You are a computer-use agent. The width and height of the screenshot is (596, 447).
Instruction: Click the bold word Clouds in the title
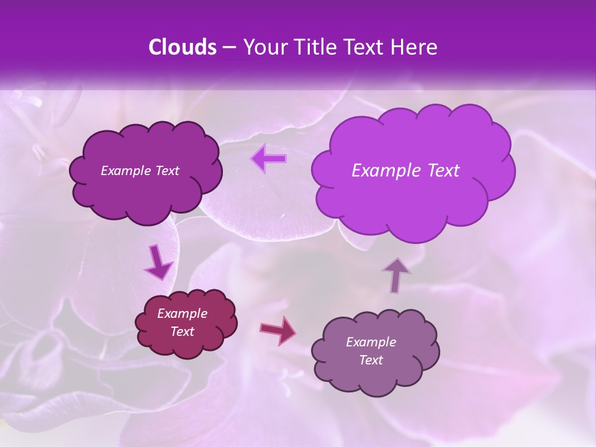tap(182, 47)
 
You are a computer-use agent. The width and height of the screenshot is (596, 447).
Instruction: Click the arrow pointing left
tap(269, 159)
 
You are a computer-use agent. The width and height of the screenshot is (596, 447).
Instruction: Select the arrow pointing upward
tap(396, 275)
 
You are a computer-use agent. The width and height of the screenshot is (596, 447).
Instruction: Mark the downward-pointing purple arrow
tap(158, 263)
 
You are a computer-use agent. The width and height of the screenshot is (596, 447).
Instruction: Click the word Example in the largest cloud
tap(384, 171)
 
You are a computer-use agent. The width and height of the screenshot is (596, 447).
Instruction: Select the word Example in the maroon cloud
tap(182, 314)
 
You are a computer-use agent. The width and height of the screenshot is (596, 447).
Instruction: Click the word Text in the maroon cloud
tap(182, 332)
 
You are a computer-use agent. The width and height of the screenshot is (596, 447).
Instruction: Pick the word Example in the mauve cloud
tap(371, 342)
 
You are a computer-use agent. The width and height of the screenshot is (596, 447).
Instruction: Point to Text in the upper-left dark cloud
tap(166, 171)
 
